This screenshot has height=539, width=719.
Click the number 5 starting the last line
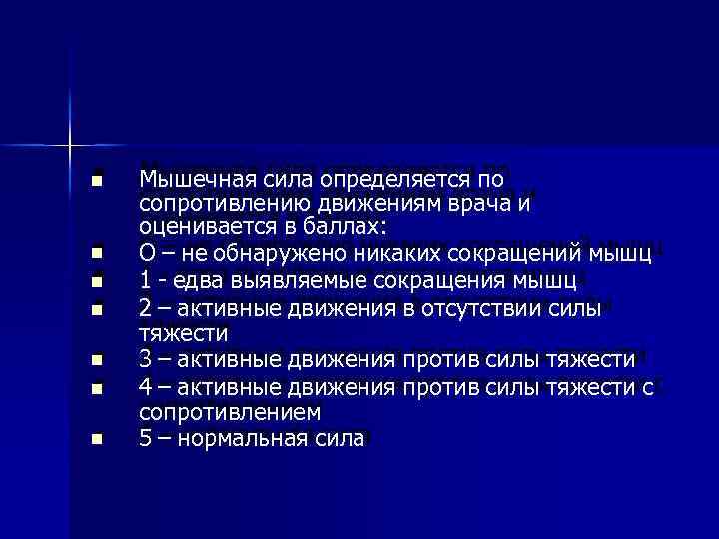pos(147,438)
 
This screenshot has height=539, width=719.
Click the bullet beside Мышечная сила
pos(96,182)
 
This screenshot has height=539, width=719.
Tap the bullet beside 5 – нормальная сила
pos(96,439)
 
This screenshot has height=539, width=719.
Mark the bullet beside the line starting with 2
pos(96,310)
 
